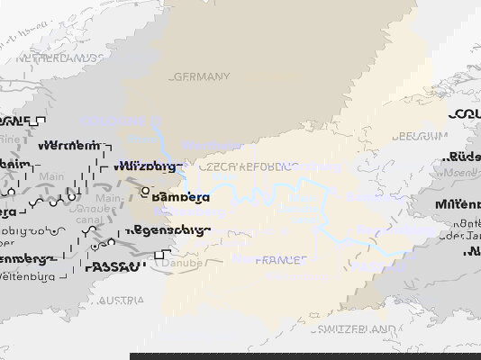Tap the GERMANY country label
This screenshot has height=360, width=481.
click(201, 77)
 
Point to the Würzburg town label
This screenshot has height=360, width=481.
click(149, 166)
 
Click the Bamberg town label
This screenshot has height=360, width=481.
click(181, 197)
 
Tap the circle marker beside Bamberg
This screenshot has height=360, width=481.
click(144, 191)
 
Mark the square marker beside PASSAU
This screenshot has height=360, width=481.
click(159, 256)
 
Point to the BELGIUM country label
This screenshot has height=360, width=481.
click(420, 137)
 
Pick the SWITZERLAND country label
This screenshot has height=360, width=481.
click(355, 330)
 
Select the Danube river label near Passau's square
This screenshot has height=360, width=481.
click(185, 264)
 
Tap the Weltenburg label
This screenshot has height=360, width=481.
click(35, 275)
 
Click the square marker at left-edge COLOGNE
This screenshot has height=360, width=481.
click(41, 121)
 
